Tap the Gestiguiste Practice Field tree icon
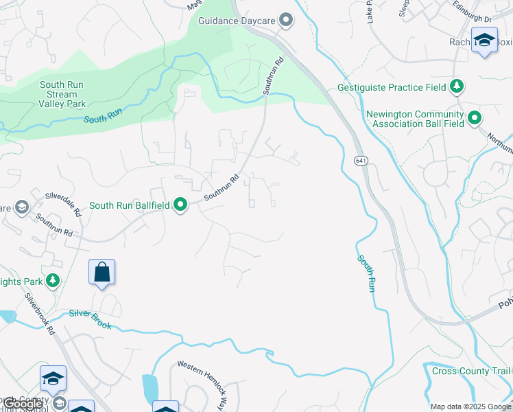coord(456,87)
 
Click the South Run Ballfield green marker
coord(181,205)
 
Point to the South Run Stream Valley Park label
coord(63,94)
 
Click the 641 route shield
coord(361,160)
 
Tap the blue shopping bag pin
coord(102,272)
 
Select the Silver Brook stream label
coord(90,314)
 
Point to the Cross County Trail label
coord(472,371)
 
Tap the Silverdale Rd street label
coord(63,204)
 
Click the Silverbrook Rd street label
coord(40,314)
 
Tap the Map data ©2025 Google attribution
coord(470,407)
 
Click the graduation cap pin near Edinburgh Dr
coord(484,40)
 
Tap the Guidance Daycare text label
coord(237,21)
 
